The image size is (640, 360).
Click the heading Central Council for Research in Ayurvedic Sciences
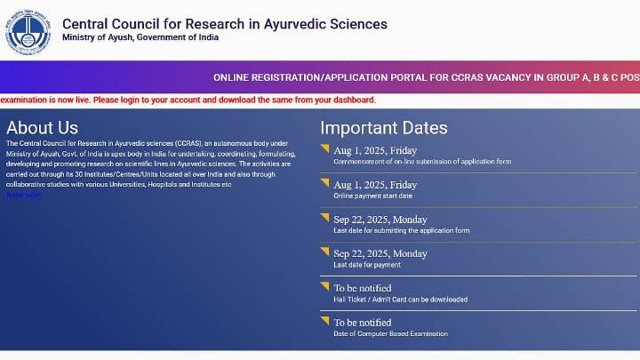click(x=225, y=24)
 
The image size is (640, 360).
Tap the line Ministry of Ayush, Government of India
click(x=140, y=38)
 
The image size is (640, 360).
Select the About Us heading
click(x=42, y=128)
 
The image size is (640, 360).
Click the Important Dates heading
click(x=384, y=128)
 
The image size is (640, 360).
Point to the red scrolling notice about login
click(x=188, y=100)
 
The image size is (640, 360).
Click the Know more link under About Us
click(x=24, y=195)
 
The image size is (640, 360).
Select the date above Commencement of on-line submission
click(x=375, y=150)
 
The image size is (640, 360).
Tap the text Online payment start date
click(x=372, y=196)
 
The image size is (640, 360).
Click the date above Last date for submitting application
click(x=380, y=220)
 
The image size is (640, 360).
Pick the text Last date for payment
click(x=367, y=265)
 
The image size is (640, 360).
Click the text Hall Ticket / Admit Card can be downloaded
click(x=400, y=300)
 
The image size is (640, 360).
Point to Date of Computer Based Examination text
click(x=390, y=334)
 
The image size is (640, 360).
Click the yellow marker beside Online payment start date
click(x=324, y=182)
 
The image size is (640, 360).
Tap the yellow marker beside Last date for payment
click(x=324, y=252)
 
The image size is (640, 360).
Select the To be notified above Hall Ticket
click(x=362, y=288)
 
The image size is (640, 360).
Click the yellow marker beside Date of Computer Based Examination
click(x=324, y=320)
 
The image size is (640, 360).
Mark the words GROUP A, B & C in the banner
click(x=578, y=77)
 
